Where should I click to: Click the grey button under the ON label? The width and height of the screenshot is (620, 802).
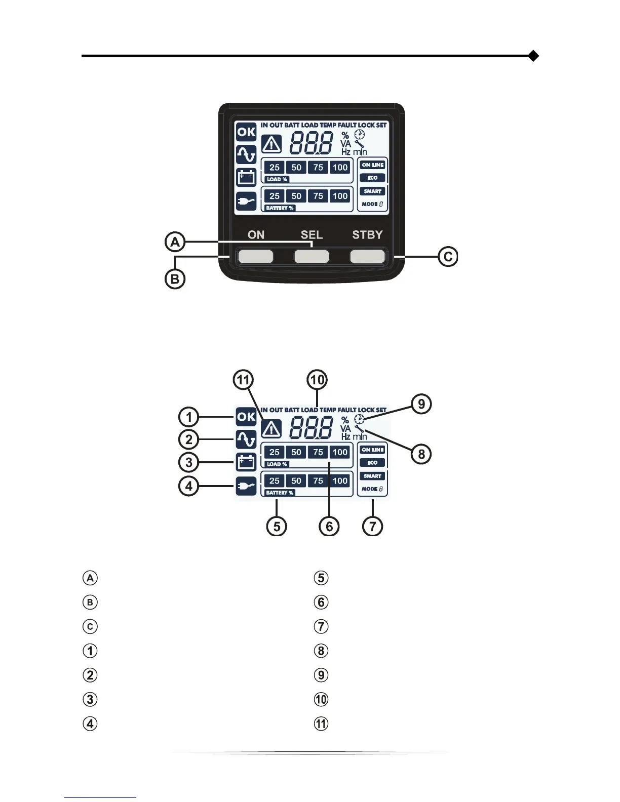(x=256, y=256)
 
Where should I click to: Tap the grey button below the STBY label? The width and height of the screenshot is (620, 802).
(x=367, y=256)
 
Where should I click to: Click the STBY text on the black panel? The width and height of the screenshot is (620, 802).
(x=367, y=235)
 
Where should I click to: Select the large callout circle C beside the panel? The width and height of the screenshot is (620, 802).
(x=448, y=257)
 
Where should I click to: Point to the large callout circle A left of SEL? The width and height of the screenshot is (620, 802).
(x=175, y=242)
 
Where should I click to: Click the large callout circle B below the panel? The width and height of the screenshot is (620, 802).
(x=175, y=279)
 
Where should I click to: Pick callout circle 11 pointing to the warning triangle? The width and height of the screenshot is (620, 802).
(x=244, y=380)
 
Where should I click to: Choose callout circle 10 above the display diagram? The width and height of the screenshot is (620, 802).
(x=318, y=380)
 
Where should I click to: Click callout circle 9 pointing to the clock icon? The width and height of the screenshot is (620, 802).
(x=421, y=404)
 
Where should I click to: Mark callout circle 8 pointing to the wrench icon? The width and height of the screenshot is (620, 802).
(x=421, y=454)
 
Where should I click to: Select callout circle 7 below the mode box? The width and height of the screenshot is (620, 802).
(x=373, y=526)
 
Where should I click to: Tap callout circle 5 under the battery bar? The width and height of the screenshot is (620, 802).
(x=277, y=526)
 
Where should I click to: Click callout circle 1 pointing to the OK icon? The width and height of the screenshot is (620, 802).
(x=189, y=417)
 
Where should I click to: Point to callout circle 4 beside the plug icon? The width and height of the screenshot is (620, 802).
(x=189, y=486)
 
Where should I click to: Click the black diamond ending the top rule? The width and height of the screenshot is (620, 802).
(x=533, y=56)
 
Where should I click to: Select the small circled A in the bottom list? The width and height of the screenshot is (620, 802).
(x=90, y=578)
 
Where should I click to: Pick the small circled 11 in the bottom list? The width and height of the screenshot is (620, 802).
(x=321, y=724)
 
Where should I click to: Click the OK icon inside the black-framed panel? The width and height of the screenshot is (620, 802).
(x=246, y=132)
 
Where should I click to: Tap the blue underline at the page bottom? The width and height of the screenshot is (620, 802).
(x=100, y=797)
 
